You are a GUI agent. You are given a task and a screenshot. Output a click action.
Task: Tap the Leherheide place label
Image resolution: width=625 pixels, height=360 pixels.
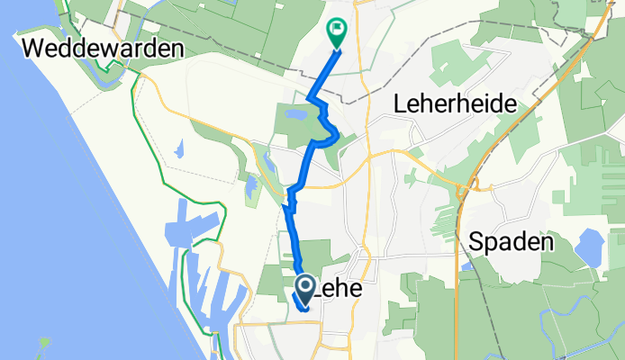(x=455, y=104)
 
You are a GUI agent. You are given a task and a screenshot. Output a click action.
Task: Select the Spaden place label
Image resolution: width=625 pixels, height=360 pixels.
(x=510, y=242)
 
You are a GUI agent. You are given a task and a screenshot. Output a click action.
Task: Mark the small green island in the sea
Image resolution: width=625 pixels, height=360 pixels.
(x=45, y=342)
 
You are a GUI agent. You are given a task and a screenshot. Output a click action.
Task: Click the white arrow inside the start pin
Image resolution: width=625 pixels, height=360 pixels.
(x=304, y=287)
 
